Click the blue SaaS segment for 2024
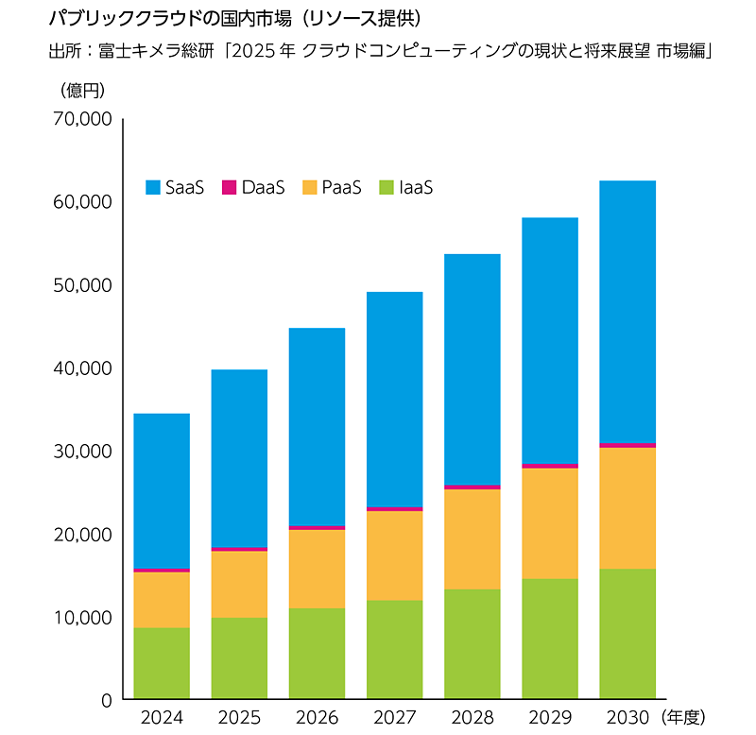tap(162, 490)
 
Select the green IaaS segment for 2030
tap(627, 633)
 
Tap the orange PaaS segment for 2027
tap(394, 555)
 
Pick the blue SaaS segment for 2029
tap(549, 340)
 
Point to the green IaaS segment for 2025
tap(239, 658)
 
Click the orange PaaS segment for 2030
tap(627, 507)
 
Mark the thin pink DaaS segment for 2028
tap(472, 487)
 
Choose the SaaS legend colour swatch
tap(153, 187)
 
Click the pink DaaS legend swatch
tap(229, 187)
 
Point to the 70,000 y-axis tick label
tap(85, 119)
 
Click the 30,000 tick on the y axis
tap(85, 452)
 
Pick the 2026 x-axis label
tap(317, 718)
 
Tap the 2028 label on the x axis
tap(472, 718)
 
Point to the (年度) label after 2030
tap(684, 718)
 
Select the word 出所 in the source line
tap(62, 51)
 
